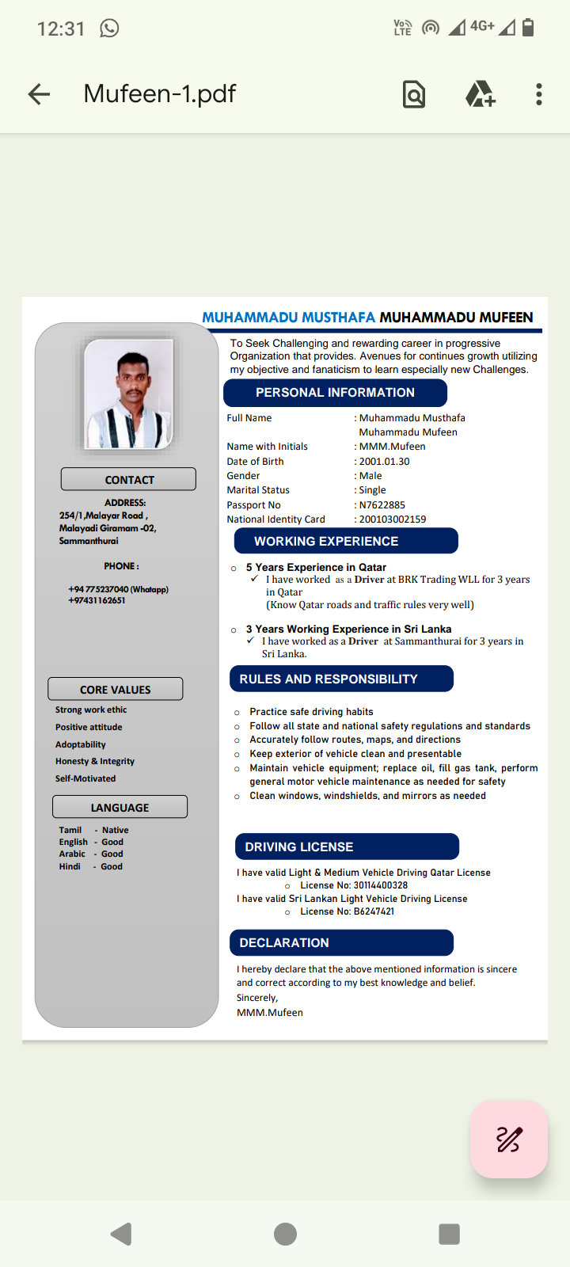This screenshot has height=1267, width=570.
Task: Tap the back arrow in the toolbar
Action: [x=39, y=95]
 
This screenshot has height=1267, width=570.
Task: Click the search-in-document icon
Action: [x=414, y=95]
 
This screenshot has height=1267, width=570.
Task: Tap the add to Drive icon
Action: [x=480, y=95]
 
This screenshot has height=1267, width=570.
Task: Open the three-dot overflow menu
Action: [x=539, y=95]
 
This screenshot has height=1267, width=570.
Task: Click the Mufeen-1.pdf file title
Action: [x=160, y=94]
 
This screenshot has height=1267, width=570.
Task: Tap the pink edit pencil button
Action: [x=508, y=1139]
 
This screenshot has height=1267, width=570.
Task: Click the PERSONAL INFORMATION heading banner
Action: [x=335, y=393]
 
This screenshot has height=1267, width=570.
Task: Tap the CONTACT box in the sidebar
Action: [x=128, y=480]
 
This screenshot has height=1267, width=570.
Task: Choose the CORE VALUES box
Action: [x=116, y=689]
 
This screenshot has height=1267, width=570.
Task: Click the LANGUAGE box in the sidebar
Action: [x=120, y=807]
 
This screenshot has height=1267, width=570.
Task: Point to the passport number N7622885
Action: [x=382, y=505]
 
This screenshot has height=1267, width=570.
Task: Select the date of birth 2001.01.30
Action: [x=384, y=462]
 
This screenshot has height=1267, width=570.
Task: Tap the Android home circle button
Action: [x=285, y=1234]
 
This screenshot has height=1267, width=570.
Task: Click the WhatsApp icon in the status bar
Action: [x=109, y=29]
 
